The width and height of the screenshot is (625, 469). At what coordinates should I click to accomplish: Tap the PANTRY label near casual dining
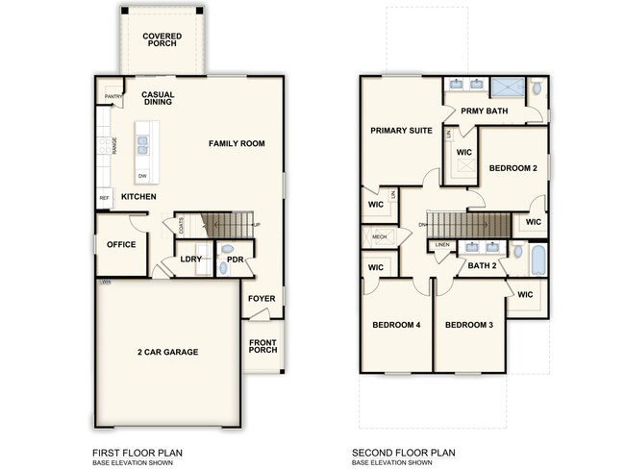point(112,97)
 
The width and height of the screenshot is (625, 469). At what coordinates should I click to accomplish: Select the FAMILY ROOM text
point(237,143)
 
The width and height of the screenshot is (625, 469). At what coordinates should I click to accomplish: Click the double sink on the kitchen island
point(142,145)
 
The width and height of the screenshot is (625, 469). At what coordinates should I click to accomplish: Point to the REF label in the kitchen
point(104,199)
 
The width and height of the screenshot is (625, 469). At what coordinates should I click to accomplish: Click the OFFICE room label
point(121,244)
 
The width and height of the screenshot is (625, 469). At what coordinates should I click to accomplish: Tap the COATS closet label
point(181,225)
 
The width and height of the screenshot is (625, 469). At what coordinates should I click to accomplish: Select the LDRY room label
point(189,259)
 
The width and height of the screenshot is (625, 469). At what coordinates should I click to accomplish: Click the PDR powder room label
point(235,259)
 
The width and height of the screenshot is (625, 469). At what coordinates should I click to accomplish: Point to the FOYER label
point(262,298)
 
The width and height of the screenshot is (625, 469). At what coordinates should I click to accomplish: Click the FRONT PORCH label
point(262,345)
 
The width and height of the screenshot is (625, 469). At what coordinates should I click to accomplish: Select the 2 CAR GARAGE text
point(167,353)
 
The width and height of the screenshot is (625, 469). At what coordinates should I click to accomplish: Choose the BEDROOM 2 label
point(512,167)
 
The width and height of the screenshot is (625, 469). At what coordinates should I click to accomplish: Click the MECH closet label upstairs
point(378,236)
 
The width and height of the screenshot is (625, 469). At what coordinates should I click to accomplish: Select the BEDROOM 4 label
point(396,325)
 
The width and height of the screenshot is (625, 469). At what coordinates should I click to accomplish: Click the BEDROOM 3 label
point(469,325)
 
